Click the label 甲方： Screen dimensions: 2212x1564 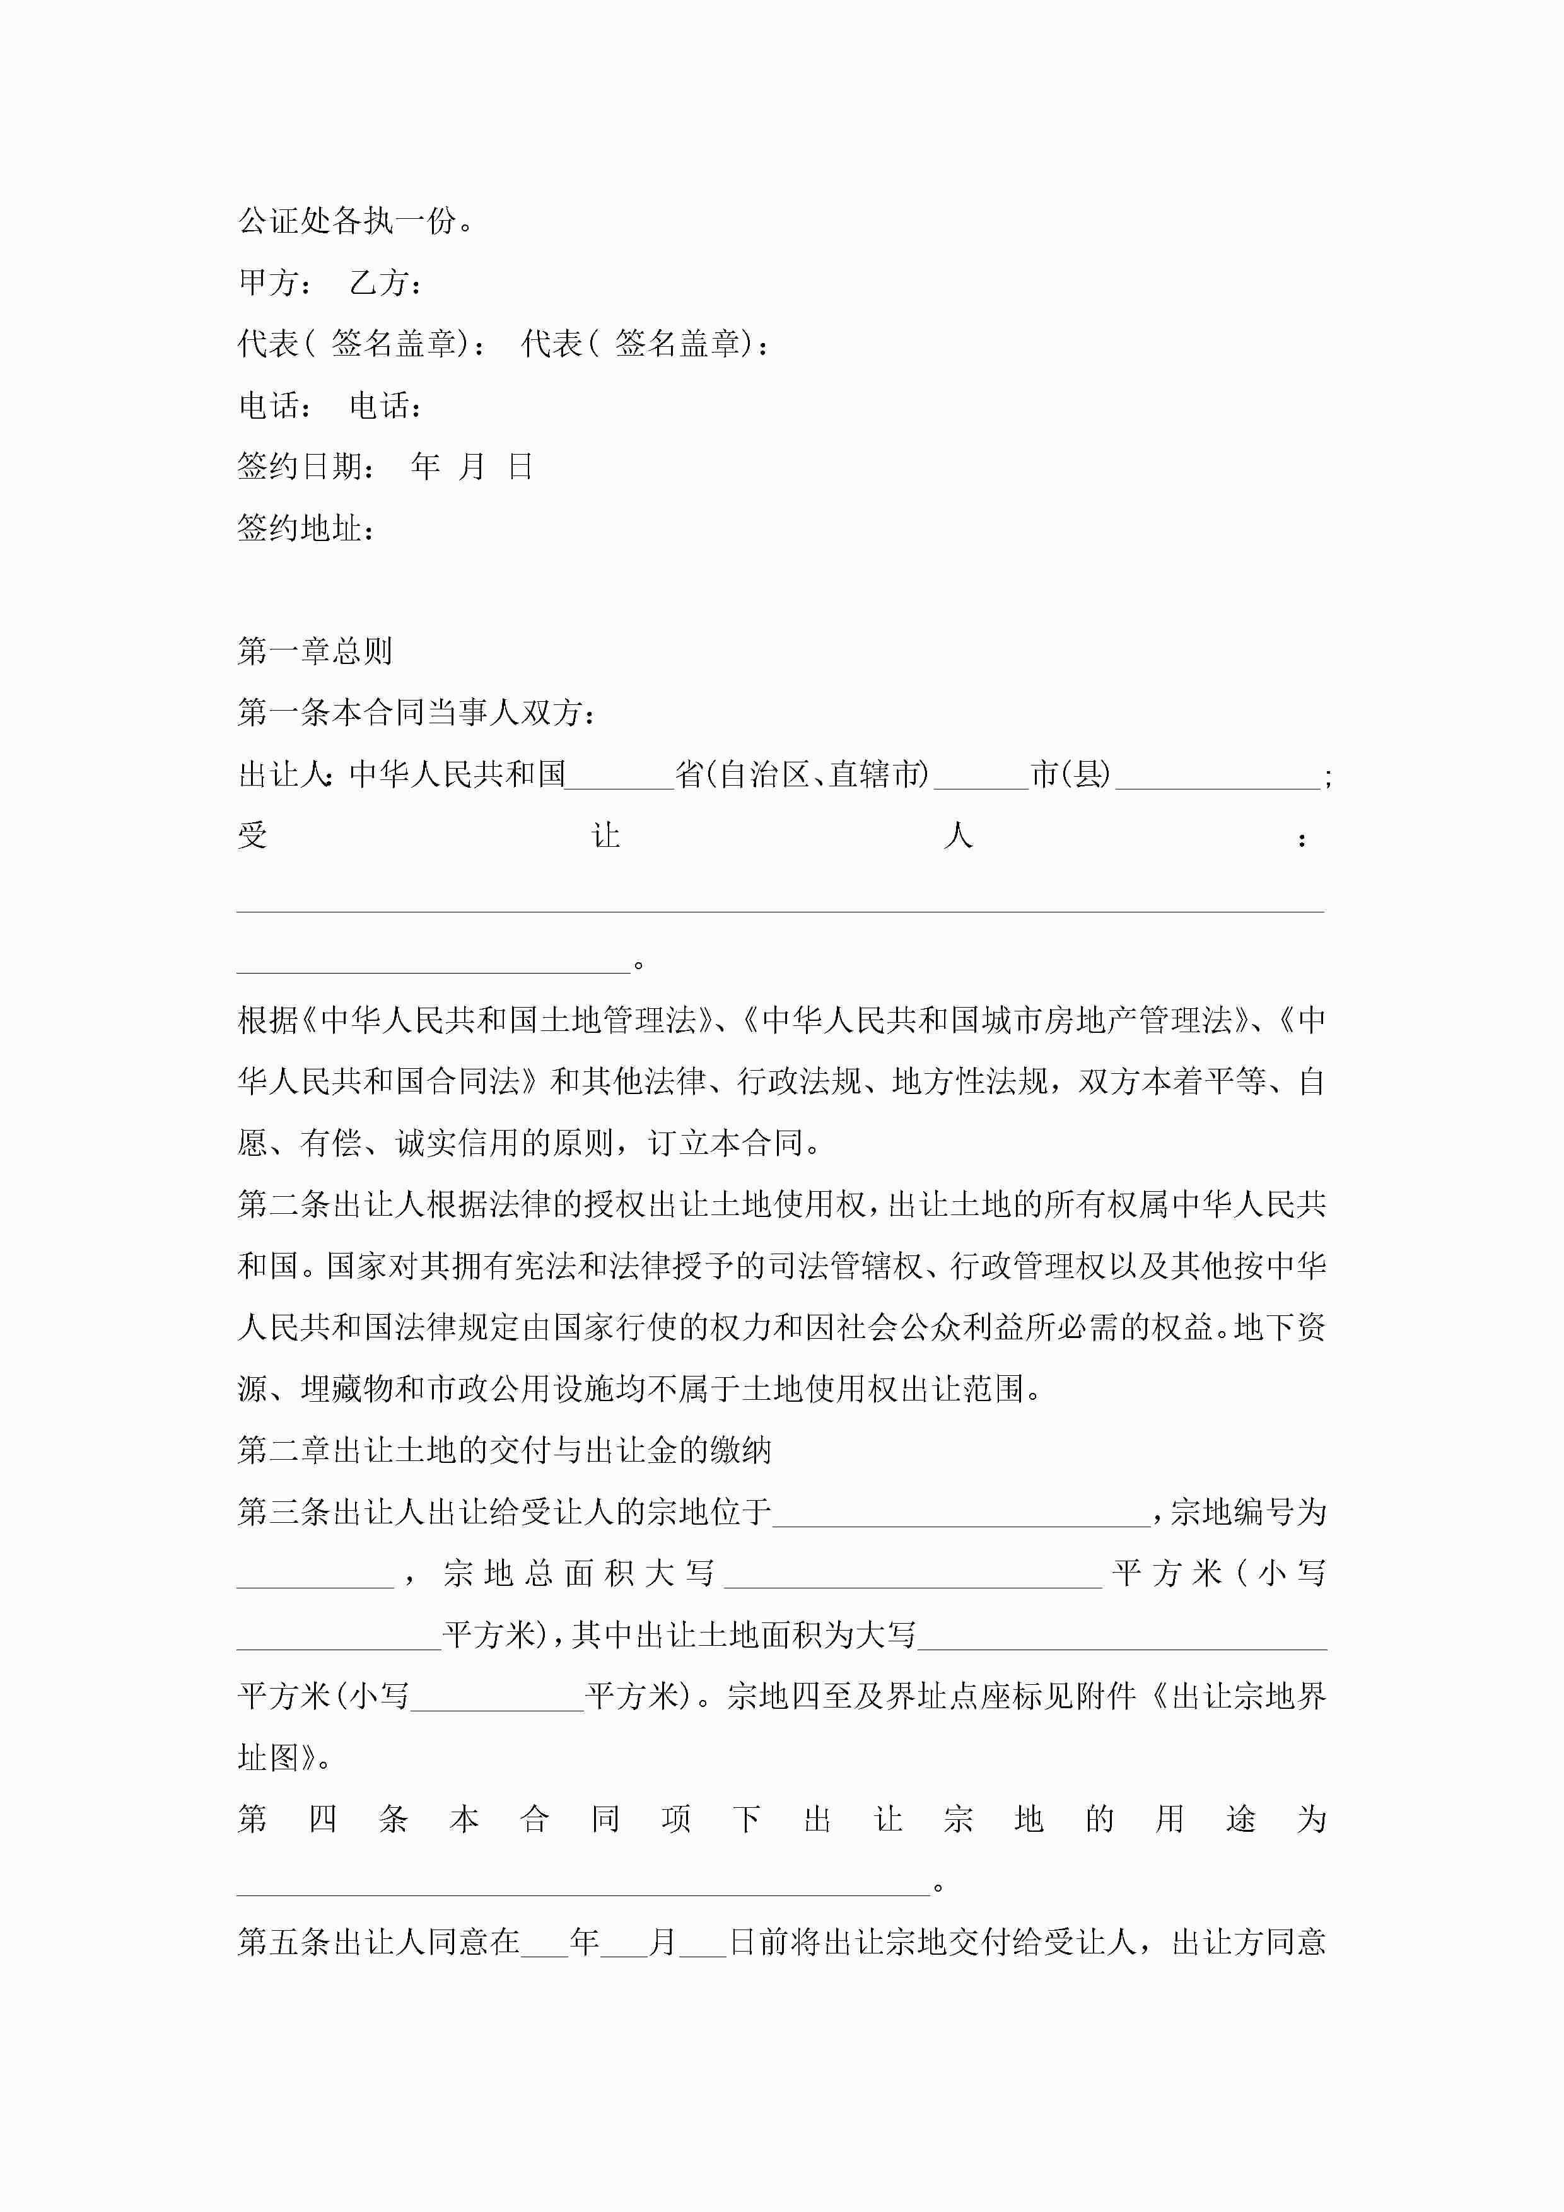pos(274,282)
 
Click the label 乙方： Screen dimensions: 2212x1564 pos(385,282)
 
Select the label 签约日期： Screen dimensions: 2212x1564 pos(307,467)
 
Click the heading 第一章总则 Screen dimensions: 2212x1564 pos(315,652)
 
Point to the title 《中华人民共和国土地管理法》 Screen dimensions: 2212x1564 pos(508,1020)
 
